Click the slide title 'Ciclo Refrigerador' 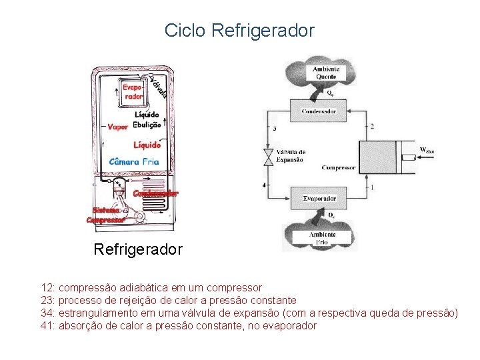[239, 30]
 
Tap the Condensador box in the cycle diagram [319, 111]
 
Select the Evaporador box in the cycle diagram [319, 198]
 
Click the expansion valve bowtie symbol [267, 157]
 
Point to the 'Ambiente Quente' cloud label [323, 73]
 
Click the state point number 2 [372, 127]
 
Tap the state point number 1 [372, 187]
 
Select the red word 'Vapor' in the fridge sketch [118, 126]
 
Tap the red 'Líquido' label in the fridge [147, 144]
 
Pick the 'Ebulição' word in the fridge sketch [147, 124]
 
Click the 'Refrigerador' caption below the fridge [138, 250]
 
